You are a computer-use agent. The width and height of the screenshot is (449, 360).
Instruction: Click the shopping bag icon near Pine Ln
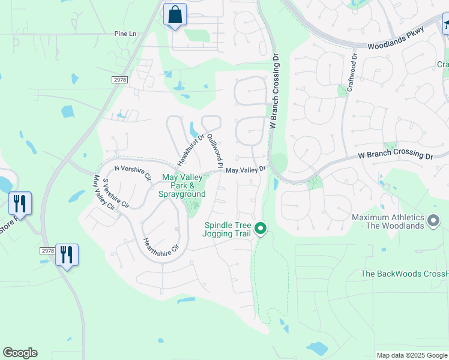coord(175,14)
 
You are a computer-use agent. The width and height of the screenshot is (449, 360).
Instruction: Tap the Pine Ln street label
coord(125,34)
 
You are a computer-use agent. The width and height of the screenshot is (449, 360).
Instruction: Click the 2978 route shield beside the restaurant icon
coord(47,251)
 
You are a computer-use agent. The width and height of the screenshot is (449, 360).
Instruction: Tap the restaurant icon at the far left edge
coord(20,203)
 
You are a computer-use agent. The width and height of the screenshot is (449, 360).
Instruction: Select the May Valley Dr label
coord(246,170)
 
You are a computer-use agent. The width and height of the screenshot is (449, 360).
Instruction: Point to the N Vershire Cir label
coord(131,173)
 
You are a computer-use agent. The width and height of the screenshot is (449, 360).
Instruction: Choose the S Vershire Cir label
coord(116,193)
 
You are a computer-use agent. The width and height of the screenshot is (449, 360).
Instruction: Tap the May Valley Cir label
coord(104,193)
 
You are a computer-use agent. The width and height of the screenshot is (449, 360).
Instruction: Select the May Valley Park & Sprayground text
coord(182,185)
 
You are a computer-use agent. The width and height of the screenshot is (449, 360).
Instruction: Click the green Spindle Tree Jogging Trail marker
coord(261,228)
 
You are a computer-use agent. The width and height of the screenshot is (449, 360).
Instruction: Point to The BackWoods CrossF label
coord(404,274)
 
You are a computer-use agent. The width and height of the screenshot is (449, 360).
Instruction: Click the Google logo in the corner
coord(20,353)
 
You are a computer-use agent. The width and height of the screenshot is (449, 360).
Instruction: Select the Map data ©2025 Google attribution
coord(411,355)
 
